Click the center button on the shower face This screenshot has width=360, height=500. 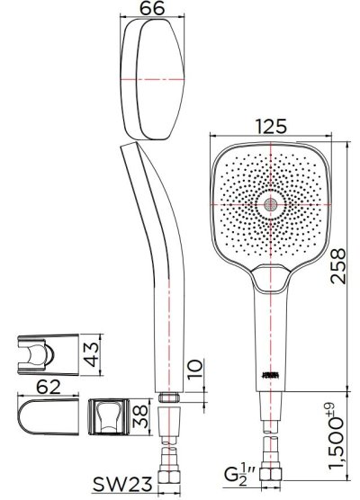pyautogui.click(x=269, y=206)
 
